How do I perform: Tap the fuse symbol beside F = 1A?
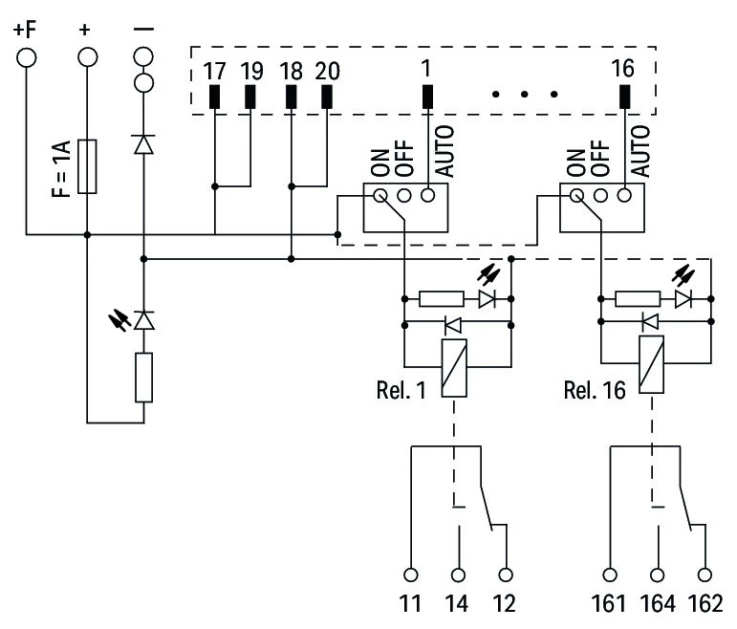click(x=87, y=166)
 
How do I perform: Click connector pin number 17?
click(x=214, y=72)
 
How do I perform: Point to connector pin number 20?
click(x=327, y=72)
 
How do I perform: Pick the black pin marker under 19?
click(x=251, y=97)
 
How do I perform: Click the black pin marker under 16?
click(x=626, y=97)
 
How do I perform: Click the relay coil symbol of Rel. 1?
click(x=453, y=367)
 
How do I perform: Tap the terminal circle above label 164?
click(x=658, y=575)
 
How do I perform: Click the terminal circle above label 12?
click(x=506, y=575)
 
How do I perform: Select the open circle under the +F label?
click(x=26, y=56)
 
